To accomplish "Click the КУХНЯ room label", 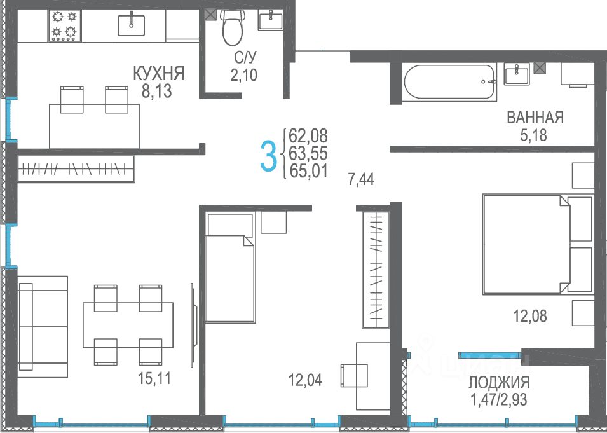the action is click(x=158, y=74).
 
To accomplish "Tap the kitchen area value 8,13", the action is click(x=156, y=92).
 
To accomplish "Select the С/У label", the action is click(x=245, y=58).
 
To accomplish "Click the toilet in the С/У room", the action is click(x=232, y=27).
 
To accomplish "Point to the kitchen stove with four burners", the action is click(x=65, y=25).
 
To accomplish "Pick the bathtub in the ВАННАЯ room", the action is click(x=449, y=82).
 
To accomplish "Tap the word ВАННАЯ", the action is click(x=535, y=118).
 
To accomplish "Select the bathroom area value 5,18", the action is click(x=533, y=135).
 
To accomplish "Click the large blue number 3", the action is click(x=268, y=156).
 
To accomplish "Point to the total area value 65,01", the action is click(x=308, y=171).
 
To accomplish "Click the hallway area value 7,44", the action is click(x=361, y=179).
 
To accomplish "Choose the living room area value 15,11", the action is click(x=154, y=378).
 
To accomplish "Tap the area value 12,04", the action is click(x=305, y=380).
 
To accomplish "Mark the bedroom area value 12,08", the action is click(x=530, y=316).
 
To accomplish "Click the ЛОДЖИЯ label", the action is click(x=499, y=383).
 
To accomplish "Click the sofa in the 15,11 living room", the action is click(x=43, y=326).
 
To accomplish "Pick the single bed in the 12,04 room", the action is click(x=230, y=267).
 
